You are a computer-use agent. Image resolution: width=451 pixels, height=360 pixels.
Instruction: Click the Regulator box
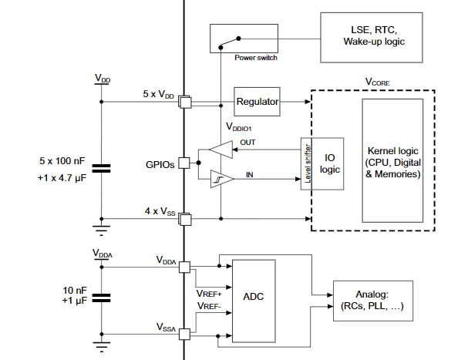(257, 102)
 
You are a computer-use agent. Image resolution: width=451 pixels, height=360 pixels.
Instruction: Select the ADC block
(254, 301)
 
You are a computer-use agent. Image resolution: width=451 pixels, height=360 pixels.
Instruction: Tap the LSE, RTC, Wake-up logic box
(372, 37)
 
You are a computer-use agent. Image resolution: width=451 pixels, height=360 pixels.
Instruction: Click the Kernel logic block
(392, 161)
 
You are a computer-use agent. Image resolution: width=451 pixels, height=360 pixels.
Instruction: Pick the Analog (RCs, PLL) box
(373, 301)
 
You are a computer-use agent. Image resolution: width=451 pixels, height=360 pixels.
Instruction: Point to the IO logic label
(330, 163)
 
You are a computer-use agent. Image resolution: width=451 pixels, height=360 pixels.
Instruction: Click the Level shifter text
(308, 164)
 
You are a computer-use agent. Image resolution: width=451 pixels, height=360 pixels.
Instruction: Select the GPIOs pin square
(184, 163)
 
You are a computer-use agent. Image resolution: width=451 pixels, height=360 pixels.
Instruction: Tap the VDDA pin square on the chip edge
(185, 267)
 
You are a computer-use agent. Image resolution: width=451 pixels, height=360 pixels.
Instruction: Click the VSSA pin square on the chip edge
(185, 334)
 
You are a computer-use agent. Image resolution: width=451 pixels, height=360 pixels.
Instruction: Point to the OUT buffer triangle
(221, 150)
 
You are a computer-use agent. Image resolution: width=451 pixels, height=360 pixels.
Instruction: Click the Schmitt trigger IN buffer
(222, 179)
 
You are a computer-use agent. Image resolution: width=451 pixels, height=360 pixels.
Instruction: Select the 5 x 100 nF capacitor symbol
(101, 169)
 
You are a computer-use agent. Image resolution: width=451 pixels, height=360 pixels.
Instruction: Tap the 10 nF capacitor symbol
(101, 298)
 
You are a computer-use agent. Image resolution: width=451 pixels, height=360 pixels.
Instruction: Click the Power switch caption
(256, 58)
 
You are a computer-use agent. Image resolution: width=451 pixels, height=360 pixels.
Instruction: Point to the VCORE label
(377, 82)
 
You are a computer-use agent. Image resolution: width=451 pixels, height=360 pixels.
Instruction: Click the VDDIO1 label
(239, 126)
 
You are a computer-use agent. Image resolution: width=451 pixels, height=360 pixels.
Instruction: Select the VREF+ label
(209, 294)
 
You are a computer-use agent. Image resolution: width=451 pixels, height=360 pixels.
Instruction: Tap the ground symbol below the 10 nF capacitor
(101, 346)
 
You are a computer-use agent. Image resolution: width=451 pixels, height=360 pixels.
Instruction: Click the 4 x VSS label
(160, 211)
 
